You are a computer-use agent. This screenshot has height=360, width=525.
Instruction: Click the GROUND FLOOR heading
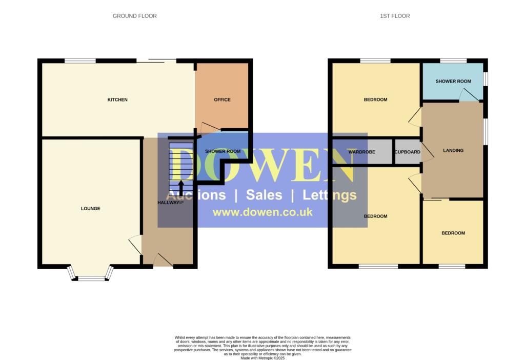point(135,16)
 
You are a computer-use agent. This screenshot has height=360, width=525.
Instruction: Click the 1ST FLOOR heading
point(395,16)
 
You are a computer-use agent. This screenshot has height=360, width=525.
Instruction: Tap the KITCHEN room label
point(117,99)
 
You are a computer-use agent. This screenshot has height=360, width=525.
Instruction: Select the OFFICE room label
point(222,99)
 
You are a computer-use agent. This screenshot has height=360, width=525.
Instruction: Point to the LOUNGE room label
point(91,209)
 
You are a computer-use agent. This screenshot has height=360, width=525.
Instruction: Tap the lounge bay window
point(90,277)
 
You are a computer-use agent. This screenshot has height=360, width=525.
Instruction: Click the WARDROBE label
point(362,152)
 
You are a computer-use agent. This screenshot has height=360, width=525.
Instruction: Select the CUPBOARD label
point(408,152)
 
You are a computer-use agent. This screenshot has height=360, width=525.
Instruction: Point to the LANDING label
point(453,151)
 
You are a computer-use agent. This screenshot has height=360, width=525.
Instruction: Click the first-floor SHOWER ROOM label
point(453,82)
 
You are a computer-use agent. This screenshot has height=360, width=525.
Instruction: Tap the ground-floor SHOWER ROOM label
point(223,151)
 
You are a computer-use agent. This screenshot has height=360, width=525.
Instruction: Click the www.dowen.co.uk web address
point(262,212)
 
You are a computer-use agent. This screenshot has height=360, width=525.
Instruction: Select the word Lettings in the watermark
point(329,195)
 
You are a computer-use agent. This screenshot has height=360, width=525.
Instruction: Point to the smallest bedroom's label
point(453,233)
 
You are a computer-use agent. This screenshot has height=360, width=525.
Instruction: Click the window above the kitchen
point(80,61)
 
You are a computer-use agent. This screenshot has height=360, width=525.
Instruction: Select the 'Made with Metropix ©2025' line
point(262,357)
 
